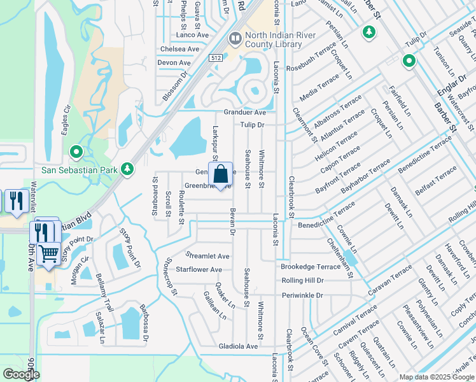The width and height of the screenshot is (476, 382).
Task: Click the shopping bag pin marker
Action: (x=220, y=175)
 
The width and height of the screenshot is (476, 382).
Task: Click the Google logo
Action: (x=21, y=374)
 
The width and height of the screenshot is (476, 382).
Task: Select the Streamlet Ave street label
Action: (x=207, y=256)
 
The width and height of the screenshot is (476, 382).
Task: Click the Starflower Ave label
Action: (x=199, y=270)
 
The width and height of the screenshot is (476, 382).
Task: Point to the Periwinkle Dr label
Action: (x=302, y=295)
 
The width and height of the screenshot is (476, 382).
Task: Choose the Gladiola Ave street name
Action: (x=235, y=346)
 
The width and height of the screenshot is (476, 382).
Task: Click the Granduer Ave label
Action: (x=244, y=112)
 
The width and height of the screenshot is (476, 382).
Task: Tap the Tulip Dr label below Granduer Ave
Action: (x=252, y=125)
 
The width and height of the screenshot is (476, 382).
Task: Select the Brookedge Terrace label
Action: (x=311, y=266)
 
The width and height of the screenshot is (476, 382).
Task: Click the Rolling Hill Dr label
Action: (x=302, y=280)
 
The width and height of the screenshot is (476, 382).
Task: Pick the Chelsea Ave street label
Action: (x=180, y=49)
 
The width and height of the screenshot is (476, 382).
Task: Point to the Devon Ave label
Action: (x=174, y=63)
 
